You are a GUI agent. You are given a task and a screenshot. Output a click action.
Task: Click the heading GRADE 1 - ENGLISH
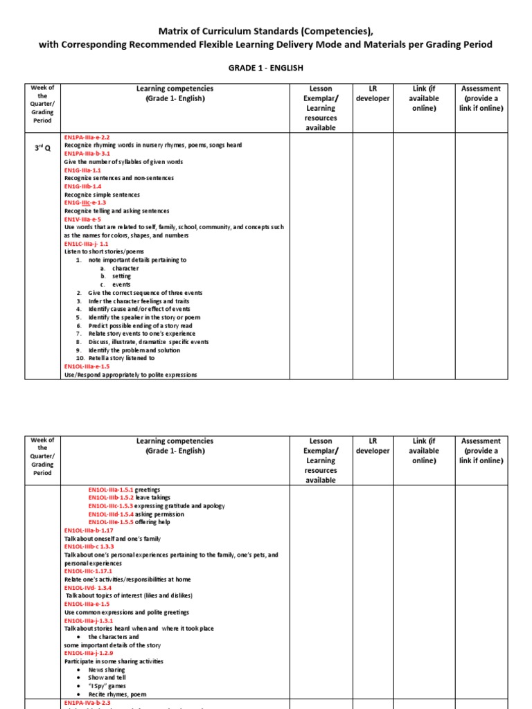click(x=266, y=68)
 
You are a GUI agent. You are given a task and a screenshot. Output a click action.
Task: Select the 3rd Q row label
click(x=42, y=148)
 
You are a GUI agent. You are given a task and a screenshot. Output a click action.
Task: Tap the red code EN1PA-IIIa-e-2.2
click(x=87, y=137)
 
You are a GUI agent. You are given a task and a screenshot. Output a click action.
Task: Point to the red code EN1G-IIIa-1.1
click(x=82, y=170)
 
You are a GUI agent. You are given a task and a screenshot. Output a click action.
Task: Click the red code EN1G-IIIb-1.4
click(x=82, y=186)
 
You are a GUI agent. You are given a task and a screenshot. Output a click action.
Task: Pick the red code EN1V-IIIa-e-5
click(x=82, y=219)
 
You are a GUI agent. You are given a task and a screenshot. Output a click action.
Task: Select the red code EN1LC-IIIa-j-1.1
click(x=86, y=244)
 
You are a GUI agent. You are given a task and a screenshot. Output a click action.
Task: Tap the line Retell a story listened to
click(x=121, y=358)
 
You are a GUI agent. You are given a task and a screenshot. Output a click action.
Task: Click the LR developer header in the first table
click(x=372, y=93)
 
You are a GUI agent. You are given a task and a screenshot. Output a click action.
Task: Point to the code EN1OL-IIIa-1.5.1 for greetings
click(x=110, y=490)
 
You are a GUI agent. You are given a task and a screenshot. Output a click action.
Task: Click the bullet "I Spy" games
click(x=108, y=685)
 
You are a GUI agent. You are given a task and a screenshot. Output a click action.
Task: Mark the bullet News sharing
click(x=107, y=670)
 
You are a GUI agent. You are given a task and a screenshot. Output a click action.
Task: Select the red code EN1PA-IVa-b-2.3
click(x=87, y=702)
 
